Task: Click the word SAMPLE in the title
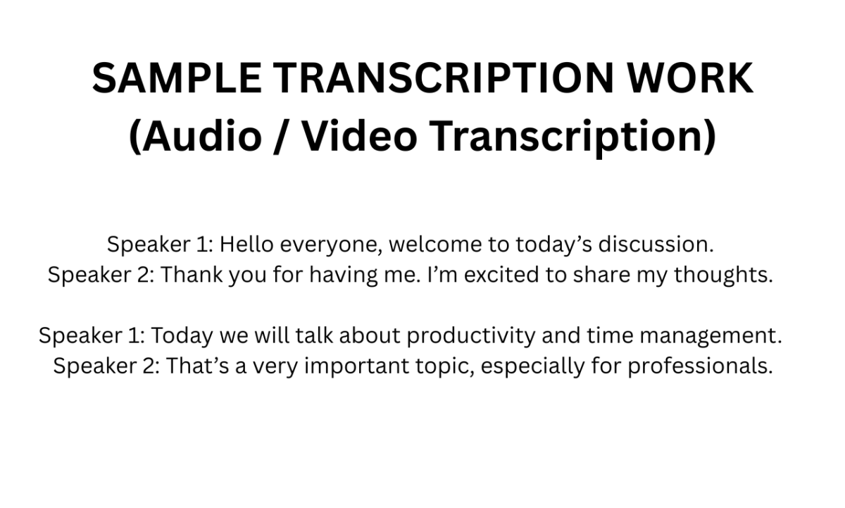click(x=177, y=78)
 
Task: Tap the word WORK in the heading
click(x=690, y=78)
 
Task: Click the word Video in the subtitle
click(x=360, y=136)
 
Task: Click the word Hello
click(x=246, y=244)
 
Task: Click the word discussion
click(x=656, y=244)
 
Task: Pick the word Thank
click(x=192, y=274)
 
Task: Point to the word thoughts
click(x=724, y=275)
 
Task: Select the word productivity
click(x=471, y=336)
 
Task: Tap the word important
click(x=357, y=366)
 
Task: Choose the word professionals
click(x=701, y=366)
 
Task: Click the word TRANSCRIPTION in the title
click(x=443, y=78)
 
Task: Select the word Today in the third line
click(x=182, y=336)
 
